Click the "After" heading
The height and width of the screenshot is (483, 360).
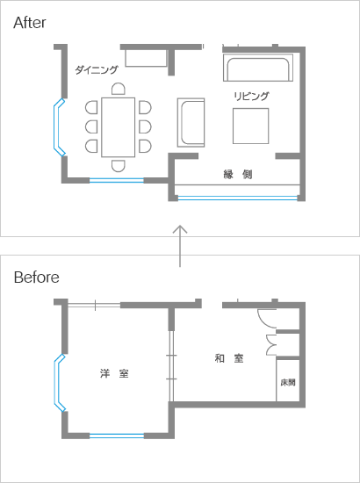[x=30, y=23]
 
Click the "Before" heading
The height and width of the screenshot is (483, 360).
[x=37, y=278]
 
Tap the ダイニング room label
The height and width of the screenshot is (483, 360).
[x=97, y=70]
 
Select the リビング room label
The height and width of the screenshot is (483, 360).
[x=251, y=96]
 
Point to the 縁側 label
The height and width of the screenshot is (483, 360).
[x=238, y=175]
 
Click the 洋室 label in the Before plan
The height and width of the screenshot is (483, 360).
[x=114, y=373]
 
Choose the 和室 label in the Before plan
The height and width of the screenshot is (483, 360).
[x=229, y=358]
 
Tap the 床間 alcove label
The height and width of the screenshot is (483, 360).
[x=288, y=382]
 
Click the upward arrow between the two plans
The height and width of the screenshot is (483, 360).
[x=180, y=246]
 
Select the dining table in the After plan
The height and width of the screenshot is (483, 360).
[x=119, y=127]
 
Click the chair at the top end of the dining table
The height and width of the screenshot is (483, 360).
[x=119, y=89]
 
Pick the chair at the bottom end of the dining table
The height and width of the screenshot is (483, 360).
[x=119, y=166]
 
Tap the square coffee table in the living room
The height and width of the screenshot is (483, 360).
[x=250, y=126]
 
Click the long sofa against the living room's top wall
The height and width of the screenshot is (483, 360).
[x=258, y=68]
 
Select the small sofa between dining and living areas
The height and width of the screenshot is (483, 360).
[x=191, y=122]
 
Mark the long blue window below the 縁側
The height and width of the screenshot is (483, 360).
[x=238, y=198]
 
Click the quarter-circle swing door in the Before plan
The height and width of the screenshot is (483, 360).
[x=267, y=319]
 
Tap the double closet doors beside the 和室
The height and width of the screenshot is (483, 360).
[x=271, y=345]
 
